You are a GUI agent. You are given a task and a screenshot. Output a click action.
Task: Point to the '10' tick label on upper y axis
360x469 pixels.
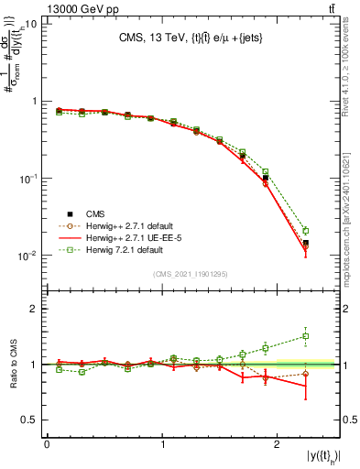(30, 25)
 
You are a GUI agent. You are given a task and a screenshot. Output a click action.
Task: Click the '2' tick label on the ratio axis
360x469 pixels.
(36, 309)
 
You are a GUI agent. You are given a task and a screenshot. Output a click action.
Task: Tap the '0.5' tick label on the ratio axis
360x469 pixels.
(31, 420)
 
